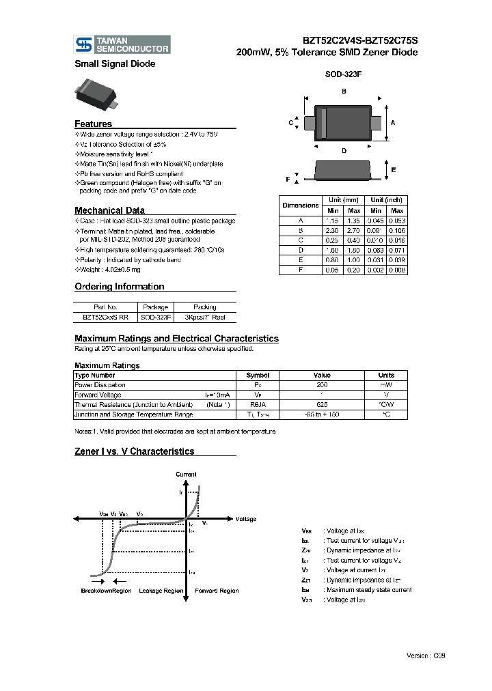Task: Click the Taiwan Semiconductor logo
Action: coord(122,44)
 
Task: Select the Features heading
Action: coord(93,124)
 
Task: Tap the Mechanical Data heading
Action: coord(109,210)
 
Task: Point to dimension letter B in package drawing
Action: coord(344,91)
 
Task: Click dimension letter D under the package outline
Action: coord(344,150)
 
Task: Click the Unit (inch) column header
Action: coord(385,200)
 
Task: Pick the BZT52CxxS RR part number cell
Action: coord(105,318)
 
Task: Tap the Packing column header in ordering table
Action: coord(204,307)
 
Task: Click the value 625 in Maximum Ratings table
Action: coord(322,404)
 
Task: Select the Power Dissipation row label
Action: coord(100,385)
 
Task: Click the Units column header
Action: coord(386,376)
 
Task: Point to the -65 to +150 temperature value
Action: coord(322,414)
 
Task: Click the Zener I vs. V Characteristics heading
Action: coord(134,451)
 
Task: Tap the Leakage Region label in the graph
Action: coord(161,591)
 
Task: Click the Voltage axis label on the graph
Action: coord(245,519)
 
